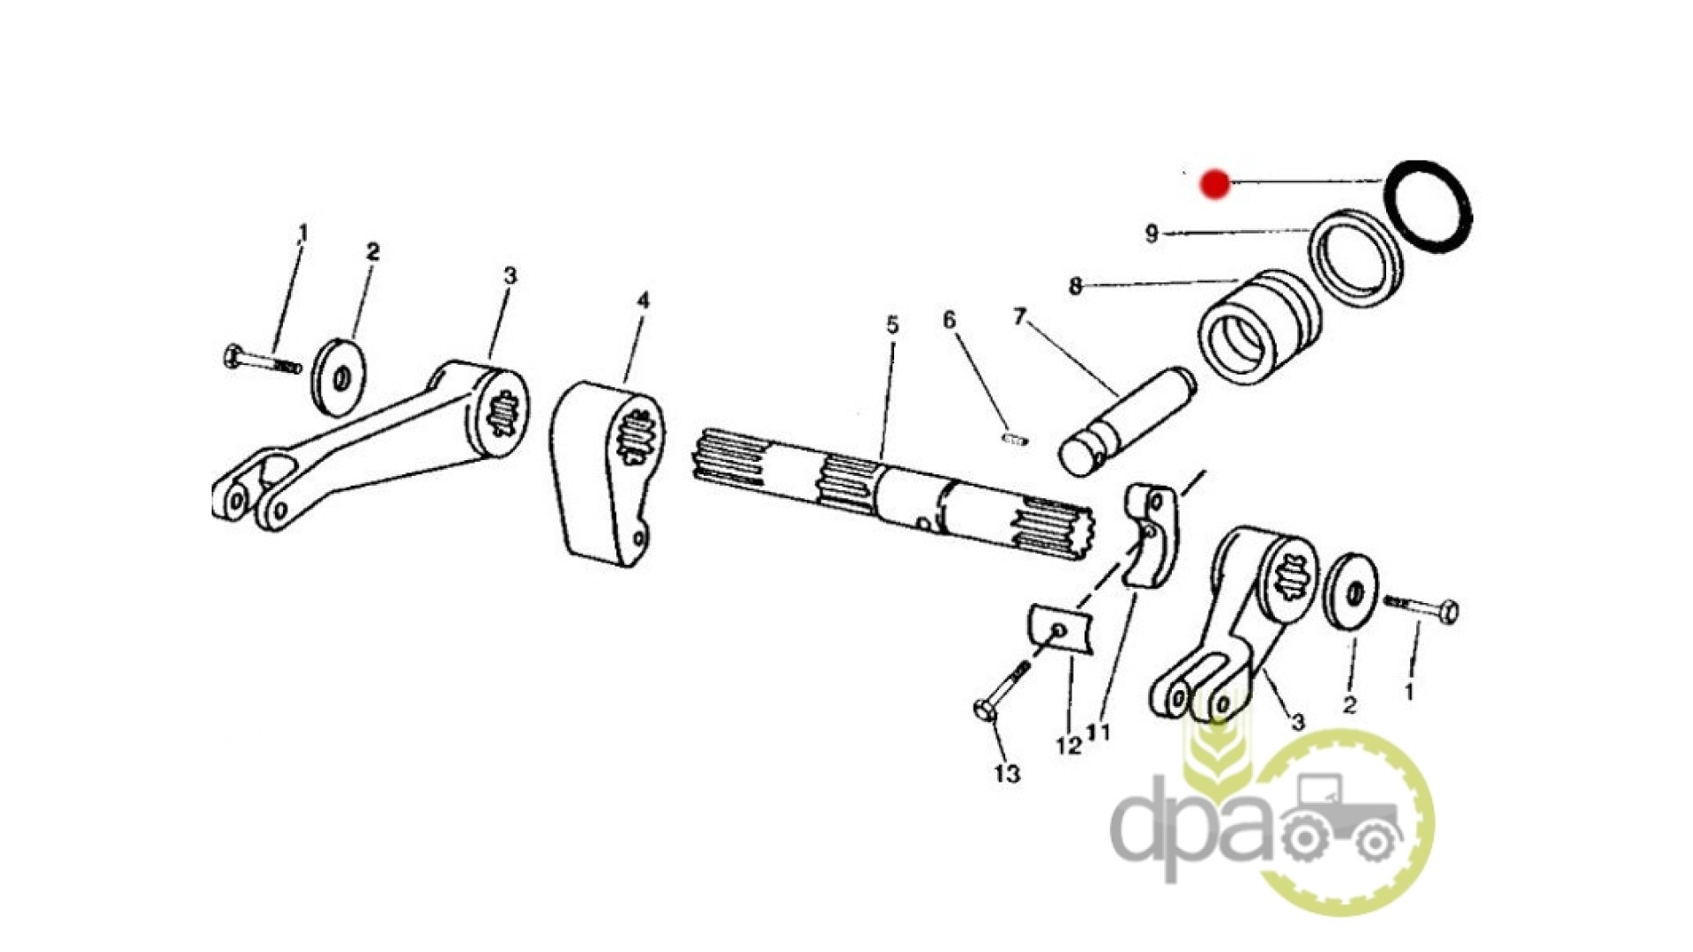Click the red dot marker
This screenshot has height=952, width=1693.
[1215, 184]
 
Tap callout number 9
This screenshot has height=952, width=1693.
[1151, 234]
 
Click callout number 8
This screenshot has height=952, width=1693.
[1075, 286]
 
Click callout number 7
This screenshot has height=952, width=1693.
[1020, 316]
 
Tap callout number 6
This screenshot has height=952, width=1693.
[949, 320]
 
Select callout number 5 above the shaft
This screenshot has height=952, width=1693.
[892, 325]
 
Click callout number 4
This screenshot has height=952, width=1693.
[643, 301]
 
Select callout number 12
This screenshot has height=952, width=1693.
[1068, 746]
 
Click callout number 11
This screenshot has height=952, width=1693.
[1099, 733]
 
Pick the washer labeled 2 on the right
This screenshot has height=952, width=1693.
[1351, 591]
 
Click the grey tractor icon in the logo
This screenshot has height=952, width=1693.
[1339, 820]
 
